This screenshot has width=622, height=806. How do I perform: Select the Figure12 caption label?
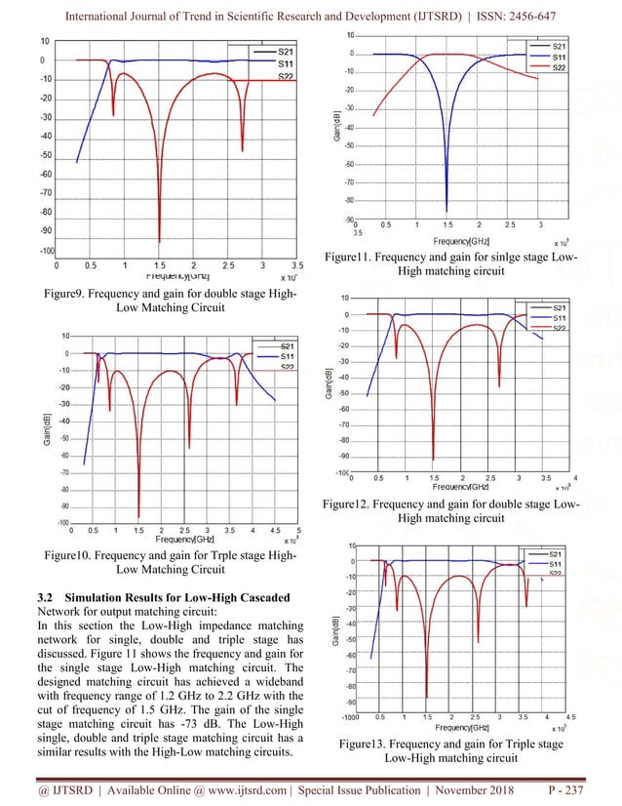coord(356,504)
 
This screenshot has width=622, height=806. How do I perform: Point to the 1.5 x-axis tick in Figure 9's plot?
coord(159,264)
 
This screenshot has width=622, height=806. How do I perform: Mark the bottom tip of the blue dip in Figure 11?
coord(447,211)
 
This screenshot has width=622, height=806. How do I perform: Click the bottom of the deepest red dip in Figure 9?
coord(159,241)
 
